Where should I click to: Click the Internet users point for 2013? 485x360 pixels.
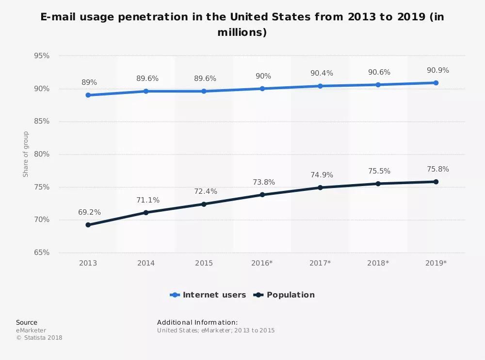tap(88, 95)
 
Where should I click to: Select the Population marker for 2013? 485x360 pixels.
tap(88, 225)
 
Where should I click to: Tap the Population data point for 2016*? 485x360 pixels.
tap(262, 195)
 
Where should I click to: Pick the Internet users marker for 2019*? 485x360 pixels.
tap(436, 83)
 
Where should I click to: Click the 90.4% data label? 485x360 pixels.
tap(322, 73)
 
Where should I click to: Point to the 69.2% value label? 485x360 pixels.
tap(89, 212)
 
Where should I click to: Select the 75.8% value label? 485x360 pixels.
tap(437, 169)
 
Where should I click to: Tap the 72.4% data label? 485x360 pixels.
tap(205, 191)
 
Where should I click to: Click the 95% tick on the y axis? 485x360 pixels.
tap(42, 56)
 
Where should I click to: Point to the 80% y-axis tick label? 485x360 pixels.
tap(42, 154)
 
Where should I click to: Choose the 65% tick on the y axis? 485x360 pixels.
tap(42, 252)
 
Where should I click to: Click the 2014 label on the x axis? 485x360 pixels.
tap(146, 263)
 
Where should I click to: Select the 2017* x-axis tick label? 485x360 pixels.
tap(320, 263)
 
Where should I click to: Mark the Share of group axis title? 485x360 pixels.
tap(26, 154)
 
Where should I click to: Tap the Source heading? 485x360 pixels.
tap(26, 322)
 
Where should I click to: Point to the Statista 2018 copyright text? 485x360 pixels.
tap(39, 338)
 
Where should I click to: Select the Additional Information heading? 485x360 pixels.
tap(197, 322)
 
